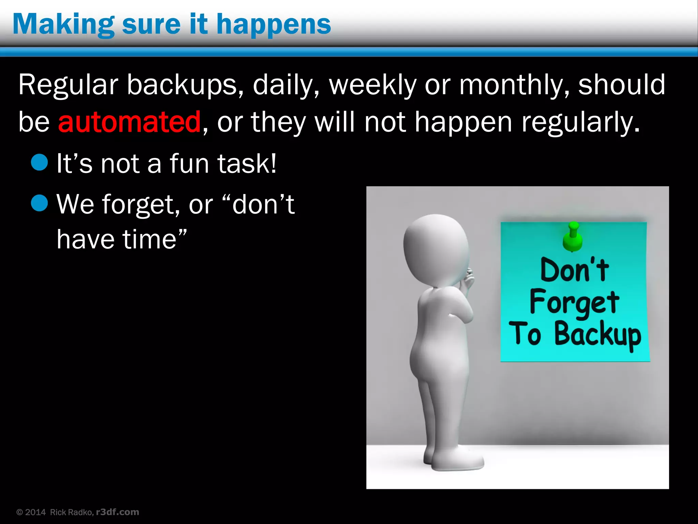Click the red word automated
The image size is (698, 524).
pos(129,122)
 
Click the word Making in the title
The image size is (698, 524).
pos(63,25)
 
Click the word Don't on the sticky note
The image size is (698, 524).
pos(574,270)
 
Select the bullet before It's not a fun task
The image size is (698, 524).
pos(39,162)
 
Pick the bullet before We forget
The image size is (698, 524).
pos(39,203)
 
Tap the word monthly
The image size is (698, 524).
pos(513,85)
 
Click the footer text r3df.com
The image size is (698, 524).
pos(118,512)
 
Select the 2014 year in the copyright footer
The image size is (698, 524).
pos(35,512)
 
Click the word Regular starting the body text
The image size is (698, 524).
pos(68,85)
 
